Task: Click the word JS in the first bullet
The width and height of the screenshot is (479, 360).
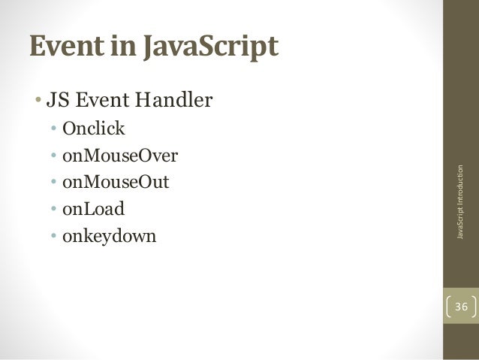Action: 57,99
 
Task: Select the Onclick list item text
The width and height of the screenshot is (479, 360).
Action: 94,129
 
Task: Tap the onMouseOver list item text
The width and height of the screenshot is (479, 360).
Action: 120,156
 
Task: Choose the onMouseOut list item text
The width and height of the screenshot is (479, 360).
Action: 116,183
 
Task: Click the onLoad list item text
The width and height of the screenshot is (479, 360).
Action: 94,210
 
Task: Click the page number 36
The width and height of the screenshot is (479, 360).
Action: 460,307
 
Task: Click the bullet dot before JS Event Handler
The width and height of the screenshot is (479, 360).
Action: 37,100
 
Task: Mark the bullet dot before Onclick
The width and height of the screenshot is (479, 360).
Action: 54,129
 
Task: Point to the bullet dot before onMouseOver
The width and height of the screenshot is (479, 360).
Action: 54,156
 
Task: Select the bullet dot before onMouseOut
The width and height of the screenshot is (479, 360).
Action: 54,183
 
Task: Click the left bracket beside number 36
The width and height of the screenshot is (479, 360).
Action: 449,307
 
